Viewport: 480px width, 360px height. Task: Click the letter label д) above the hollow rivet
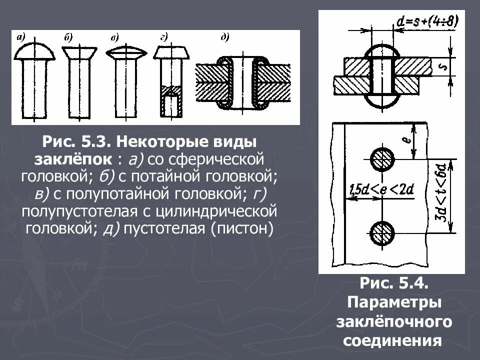(225, 36)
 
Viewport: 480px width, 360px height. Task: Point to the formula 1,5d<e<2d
(380, 190)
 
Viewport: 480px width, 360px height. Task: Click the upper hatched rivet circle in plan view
(382, 160)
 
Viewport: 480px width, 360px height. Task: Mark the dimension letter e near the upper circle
(407, 141)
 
